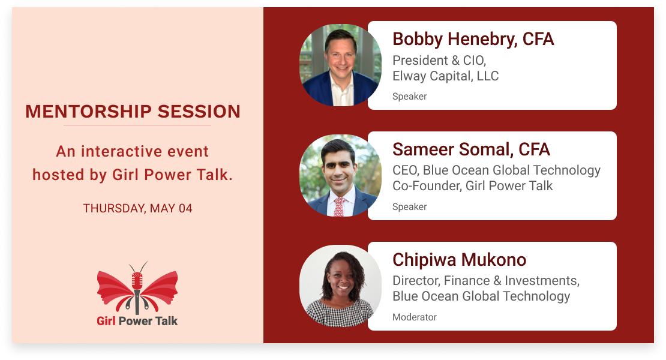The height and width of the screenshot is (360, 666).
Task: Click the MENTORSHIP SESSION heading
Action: click(x=133, y=112)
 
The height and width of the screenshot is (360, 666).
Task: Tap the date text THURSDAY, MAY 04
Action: click(x=137, y=208)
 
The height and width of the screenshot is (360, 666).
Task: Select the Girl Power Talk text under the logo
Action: click(x=137, y=321)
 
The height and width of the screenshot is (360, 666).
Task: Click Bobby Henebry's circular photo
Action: click(x=340, y=65)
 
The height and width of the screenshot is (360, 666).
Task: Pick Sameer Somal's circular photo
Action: click(x=340, y=175)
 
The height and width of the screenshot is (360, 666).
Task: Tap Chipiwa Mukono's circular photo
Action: click(x=340, y=286)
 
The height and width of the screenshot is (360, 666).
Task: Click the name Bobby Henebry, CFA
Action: click(x=473, y=39)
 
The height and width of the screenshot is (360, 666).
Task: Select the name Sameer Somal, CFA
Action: click(x=471, y=149)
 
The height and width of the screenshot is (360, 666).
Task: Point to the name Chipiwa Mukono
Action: click(x=459, y=260)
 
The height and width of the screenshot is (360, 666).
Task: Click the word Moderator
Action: click(x=415, y=317)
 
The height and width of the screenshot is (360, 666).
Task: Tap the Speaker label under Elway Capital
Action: click(x=409, y=97)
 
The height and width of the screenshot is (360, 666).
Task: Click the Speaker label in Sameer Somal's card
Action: click(x=409, y=207)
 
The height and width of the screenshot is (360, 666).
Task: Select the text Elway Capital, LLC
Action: click(x=446, y=76)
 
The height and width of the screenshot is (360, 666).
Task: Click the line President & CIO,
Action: click(x=439, y=60)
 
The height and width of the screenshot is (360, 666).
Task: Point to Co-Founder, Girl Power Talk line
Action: click(x=472, y=186)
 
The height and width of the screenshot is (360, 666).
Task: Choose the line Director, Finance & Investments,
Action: click(x=486, y=281)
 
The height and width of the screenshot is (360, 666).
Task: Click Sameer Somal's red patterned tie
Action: click(x=340, y=207)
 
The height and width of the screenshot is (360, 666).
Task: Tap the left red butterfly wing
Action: click(x=115, y=289)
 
